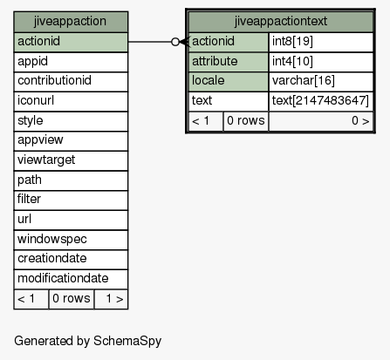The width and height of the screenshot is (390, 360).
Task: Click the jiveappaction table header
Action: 71,22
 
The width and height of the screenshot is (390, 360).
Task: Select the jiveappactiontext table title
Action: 281,22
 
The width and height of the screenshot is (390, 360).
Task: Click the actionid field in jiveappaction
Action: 71,42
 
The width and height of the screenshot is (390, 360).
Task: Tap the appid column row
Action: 71,62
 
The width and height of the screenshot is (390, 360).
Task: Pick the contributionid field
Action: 71,82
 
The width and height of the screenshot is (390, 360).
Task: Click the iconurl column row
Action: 71,101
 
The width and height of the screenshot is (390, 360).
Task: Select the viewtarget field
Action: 71,160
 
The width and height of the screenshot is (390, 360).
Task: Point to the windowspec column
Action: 71,240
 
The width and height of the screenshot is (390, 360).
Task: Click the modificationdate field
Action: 71,279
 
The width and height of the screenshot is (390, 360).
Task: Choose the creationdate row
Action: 71,260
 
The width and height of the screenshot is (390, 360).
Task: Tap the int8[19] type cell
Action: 321,42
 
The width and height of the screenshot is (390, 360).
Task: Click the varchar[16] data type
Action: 321,82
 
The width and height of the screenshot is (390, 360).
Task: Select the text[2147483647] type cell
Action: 321,101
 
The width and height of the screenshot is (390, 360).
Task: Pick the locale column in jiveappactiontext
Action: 229,82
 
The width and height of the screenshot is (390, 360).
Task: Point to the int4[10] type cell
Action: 321,62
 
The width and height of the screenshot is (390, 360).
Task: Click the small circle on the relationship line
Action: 175,42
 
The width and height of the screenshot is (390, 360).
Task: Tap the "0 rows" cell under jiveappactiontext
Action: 246,121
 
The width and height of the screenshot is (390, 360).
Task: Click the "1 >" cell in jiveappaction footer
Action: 111,299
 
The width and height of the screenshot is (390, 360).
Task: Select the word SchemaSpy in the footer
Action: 127,341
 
